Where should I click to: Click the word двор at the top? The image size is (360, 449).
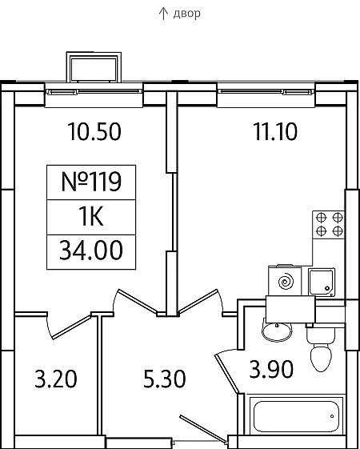pyautogui.click(x=186, y=14)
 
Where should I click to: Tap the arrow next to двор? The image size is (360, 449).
pyautogui.click(x=163, y=14)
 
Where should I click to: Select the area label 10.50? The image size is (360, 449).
pyautogui.click(x=94, y=132)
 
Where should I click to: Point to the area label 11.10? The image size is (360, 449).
pyautogui.click(x=275, y=132)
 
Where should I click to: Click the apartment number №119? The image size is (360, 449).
pyautogui.click(x=91, y=182)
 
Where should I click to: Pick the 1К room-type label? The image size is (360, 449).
pyautogui.click(x=91, y=217)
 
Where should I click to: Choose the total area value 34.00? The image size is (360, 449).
pyautogui.click(x=91, y=251)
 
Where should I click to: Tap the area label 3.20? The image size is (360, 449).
pyautogui.click(x=56, y=379)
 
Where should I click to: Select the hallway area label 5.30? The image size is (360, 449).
pyautogui.click(x=165, y=379)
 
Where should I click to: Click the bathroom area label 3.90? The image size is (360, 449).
pyautogui.click(x=271, y=369)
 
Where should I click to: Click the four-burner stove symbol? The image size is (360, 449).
pyautogui.click(x=329, y=225)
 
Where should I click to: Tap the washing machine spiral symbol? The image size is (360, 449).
pyautogui.click(x=286, y=281)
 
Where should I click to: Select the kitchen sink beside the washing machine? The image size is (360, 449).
pyautogui.click(x=322, y=282)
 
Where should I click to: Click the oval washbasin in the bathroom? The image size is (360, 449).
pyautogui.click(x=277, y=332)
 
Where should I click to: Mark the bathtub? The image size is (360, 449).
pyautogui.click(x=296, y=416)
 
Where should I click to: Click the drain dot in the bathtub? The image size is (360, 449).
pyautogui.click(x=332, y=416)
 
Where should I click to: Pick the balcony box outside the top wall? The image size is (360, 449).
pyautogui.click(x=94, y=67)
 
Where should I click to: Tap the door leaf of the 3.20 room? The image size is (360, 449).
pyautogui.click(x=71, y=327)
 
